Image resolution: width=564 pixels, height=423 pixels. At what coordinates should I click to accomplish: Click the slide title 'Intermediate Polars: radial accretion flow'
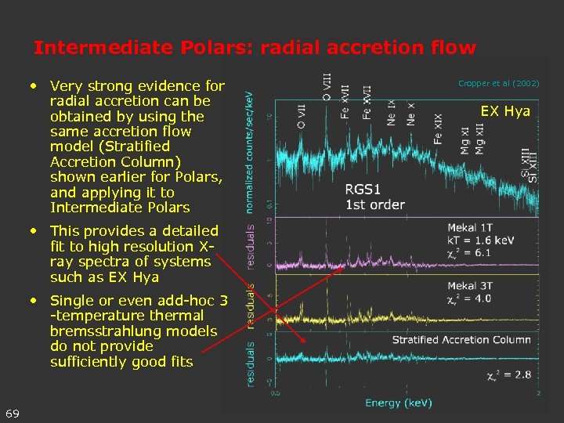[x=255, y=48]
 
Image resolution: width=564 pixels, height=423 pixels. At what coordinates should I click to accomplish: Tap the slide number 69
[x=13, y=413]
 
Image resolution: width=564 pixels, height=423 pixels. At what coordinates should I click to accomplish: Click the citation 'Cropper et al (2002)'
[x=498, y=83]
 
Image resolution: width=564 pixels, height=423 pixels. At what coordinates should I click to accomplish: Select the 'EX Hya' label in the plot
[x=505, y=111]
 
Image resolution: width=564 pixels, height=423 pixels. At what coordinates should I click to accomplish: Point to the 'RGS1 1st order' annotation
[x=374, y=197]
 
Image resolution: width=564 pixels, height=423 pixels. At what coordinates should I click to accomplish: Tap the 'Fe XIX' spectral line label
[x=438, y=129]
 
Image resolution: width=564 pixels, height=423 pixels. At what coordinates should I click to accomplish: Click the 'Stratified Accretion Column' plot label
[x=461, y=339]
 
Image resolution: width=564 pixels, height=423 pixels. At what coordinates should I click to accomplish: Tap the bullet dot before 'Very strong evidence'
[x=35, y=85]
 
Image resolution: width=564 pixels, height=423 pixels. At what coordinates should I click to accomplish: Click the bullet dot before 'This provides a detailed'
[x=35, y=230]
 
